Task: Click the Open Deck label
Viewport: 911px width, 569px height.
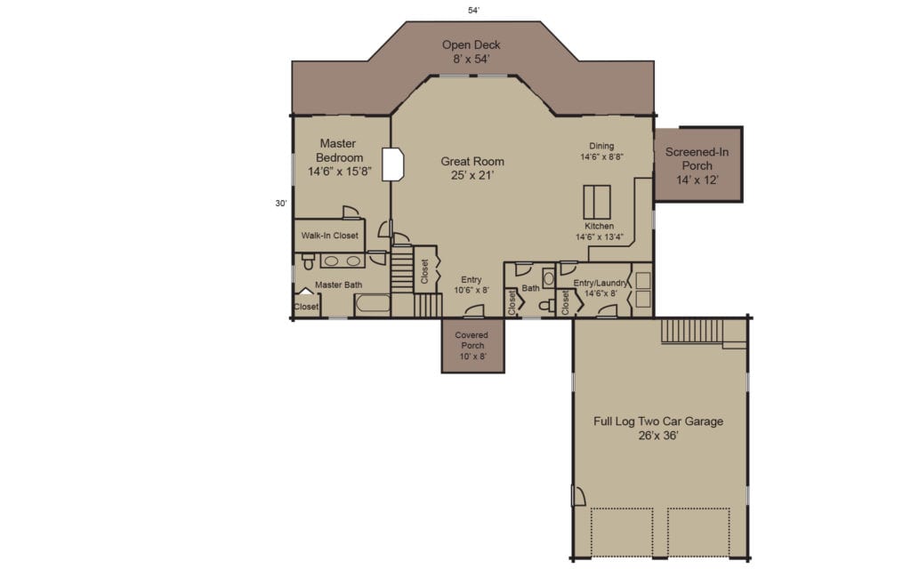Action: click(472, 52)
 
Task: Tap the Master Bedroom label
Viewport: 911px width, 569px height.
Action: click(339, 156)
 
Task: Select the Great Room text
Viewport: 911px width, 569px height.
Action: click(472, 168)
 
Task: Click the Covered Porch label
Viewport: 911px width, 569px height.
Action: click(472, 345)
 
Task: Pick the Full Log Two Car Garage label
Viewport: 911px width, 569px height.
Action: click(658, 429)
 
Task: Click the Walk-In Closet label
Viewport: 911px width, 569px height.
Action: click(329, 236)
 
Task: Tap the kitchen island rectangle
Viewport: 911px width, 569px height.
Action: click(596, 202)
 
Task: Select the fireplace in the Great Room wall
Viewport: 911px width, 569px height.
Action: click(394, 164)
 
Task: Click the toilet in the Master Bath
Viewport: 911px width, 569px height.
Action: click(308, 261)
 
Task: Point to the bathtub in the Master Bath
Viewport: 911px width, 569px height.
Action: click(372, 304)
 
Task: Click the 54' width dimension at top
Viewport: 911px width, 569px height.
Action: click(474, 11)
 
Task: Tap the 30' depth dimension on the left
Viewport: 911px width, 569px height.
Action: click(281, 203)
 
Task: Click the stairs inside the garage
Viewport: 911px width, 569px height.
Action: click(693, 332)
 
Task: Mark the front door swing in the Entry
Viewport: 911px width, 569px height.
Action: click(475, 310)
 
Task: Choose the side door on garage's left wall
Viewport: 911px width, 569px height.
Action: click(577, 496)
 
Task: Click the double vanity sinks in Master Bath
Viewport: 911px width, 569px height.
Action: click(342, 260)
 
